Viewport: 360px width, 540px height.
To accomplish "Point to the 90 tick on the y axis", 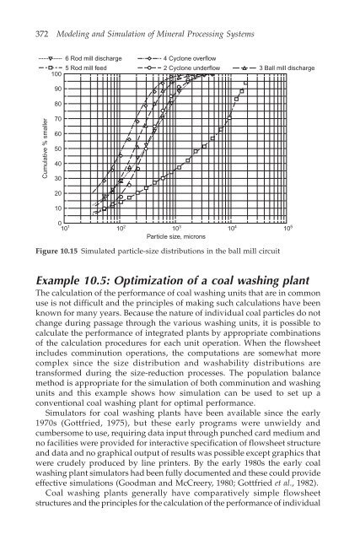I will [x=56, y=89].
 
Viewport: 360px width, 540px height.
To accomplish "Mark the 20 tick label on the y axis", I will [x=56, y=193].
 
